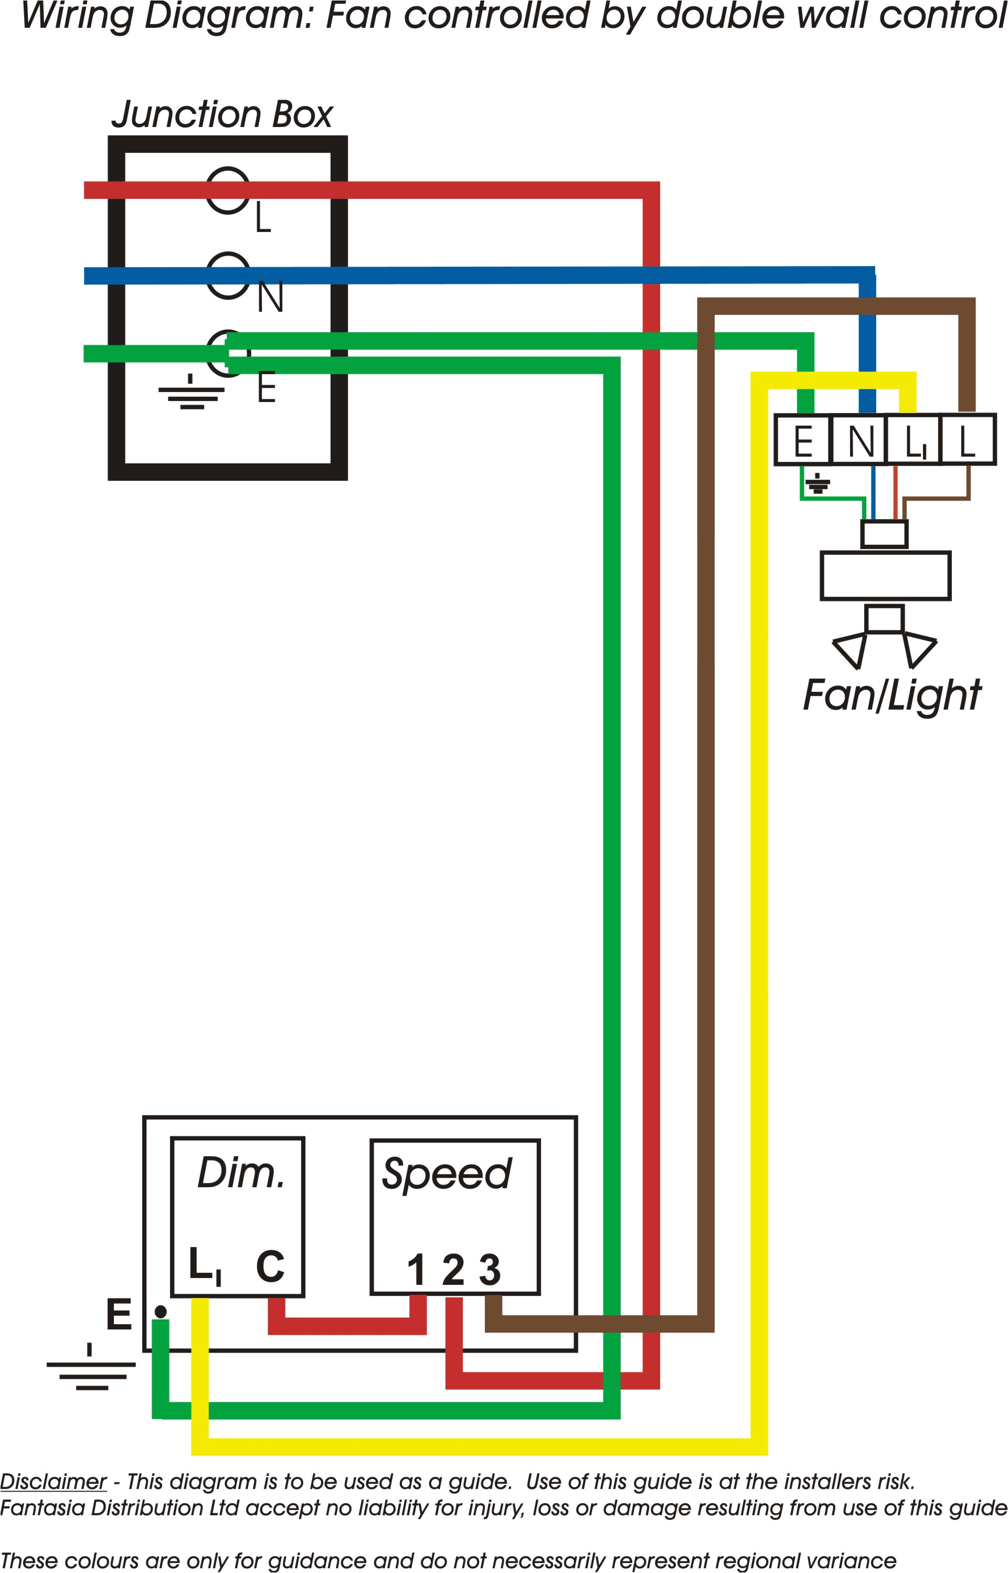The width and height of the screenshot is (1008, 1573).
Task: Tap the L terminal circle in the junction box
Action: (228, 190)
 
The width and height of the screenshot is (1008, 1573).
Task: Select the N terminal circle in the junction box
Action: (228, 276)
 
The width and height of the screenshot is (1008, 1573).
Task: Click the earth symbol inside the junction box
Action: (191, 393)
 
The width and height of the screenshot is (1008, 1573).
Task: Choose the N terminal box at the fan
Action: (860, 440)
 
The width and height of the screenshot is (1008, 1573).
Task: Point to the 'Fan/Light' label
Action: (892, 695)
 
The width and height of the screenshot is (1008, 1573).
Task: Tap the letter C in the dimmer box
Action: (270, 1266)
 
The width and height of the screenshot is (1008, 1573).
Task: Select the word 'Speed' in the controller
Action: (447, 1174)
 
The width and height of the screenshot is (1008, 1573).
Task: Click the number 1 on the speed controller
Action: (416, 1271)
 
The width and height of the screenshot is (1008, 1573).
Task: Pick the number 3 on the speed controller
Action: (490, 1271)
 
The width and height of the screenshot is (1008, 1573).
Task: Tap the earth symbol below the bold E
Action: (91, 1368)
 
